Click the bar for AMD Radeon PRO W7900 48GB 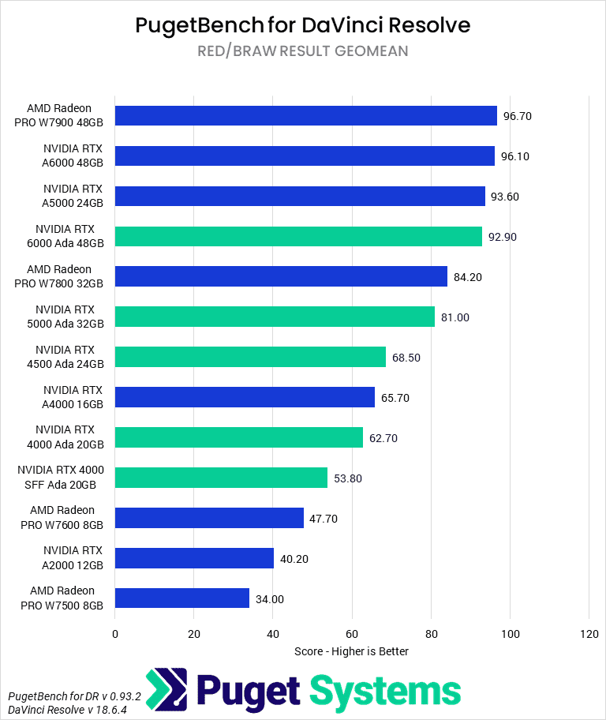click(306, 116)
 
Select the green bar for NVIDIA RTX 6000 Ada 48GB click(298, 237)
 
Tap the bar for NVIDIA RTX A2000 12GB click(194, 558)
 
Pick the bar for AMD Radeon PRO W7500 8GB click(182, 598)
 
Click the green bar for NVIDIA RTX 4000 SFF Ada click(221, 478)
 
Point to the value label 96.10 click(515, 156)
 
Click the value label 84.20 click(468, 277)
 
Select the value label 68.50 click(406, 358)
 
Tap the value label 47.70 click(324, 518)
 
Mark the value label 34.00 click(270, 598)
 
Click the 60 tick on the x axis click(352, 634)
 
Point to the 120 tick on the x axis click(589, 634)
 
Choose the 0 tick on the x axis click(115, 634)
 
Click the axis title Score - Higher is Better click(352, 651)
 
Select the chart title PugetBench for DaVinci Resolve click(303, 25)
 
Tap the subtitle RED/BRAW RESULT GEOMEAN click(303, 51)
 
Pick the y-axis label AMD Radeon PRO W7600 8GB click(62, 518)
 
